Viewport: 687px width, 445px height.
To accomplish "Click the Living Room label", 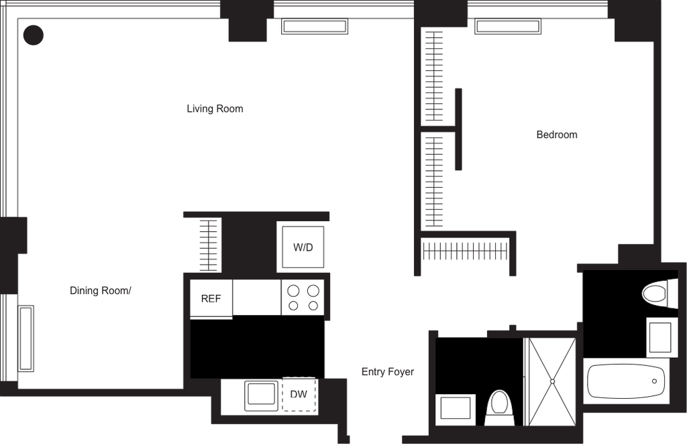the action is click(x=215, y=109).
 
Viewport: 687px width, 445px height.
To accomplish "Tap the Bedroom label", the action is click(x=557, y=134).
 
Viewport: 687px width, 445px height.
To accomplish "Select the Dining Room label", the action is click(x=101, y=291).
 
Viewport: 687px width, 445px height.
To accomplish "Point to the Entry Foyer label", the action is click(x=388, y=372).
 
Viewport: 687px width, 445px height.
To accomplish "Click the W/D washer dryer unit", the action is click(x=303, y=247).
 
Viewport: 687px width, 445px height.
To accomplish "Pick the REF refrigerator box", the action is click(x=211, y=299).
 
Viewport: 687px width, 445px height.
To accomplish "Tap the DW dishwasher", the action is click(x=299, y=394).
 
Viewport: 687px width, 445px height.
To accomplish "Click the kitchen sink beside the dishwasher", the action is click(x=262, y=395).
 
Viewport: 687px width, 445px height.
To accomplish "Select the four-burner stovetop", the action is click(x=303, y=297).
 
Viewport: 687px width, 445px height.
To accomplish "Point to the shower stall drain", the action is click(x=553, y=381).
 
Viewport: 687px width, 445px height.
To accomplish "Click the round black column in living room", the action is click(x=34, y=35).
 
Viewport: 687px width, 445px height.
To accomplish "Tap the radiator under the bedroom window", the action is click(x=508, y=26).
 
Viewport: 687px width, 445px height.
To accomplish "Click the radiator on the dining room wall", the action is click(x=26, y=338).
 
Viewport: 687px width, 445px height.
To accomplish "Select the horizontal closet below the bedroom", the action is click(x=465, y=251).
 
